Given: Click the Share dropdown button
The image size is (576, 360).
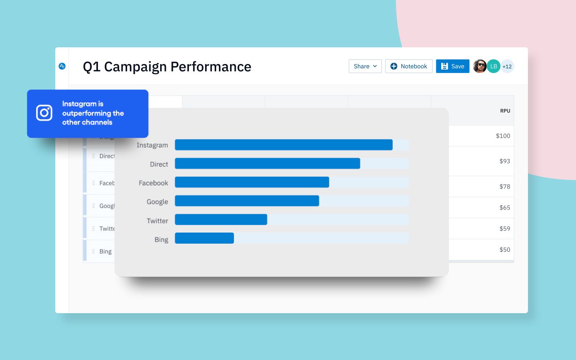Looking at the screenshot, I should pos(365,66).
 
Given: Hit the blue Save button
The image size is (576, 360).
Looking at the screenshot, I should pos(452,66).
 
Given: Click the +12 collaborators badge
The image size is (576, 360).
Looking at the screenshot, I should pos(507,66).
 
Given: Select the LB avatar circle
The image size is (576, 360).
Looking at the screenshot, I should pos(493,66).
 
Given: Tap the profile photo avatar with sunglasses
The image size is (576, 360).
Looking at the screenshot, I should pos(480,66).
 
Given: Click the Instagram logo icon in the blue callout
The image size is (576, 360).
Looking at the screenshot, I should pos(44,113).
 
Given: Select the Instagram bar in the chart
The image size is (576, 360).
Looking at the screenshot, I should pos(283,145).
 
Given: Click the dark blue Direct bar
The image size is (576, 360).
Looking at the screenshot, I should pos(267,163).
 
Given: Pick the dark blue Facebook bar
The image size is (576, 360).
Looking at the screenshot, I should pos(252,182).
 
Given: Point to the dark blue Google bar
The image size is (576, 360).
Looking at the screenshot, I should pos(247,201).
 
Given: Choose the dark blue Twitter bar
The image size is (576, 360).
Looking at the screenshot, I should pos(221,220).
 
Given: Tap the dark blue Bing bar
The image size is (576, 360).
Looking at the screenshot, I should pos(204,238).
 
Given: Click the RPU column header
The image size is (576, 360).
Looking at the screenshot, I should pos(505,111).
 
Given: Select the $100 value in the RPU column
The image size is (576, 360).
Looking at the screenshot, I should pos(503,136).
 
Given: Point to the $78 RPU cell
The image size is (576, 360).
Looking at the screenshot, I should pos(505,187).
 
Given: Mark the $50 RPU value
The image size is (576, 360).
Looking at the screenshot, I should pos(505,250).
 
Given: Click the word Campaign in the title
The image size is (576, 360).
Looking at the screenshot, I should pos(135,67).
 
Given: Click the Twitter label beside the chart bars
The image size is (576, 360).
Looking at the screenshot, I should pos(157,221).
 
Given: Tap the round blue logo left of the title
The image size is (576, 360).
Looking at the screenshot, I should pos(62,66).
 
